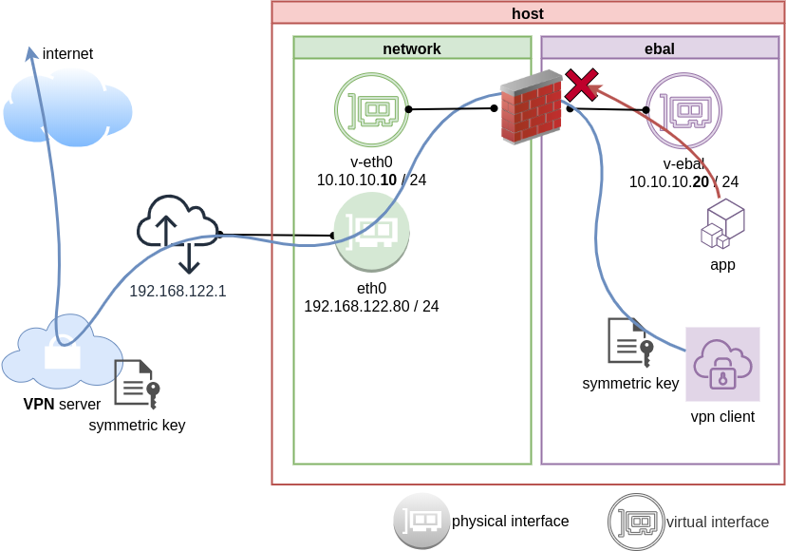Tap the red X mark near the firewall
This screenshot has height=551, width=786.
point(581,85)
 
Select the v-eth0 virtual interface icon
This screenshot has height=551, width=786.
point(371,110)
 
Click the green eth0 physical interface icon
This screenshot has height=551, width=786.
point(371,231)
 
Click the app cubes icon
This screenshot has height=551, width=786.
point(722,224)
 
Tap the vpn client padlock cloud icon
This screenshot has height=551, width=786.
point(722,365)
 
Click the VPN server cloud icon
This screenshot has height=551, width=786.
point(62,352)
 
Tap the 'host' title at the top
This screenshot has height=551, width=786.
point(528,12)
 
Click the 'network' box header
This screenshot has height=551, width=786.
point(411,48)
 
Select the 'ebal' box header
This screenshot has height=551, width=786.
point(659,48)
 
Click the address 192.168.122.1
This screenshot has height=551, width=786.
point(178,291)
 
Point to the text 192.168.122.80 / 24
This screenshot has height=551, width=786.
point(371,306)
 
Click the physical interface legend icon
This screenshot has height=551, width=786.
point(422,521)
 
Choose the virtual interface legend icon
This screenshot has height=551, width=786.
point(636,522)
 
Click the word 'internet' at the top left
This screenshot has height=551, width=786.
point(67,54)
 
